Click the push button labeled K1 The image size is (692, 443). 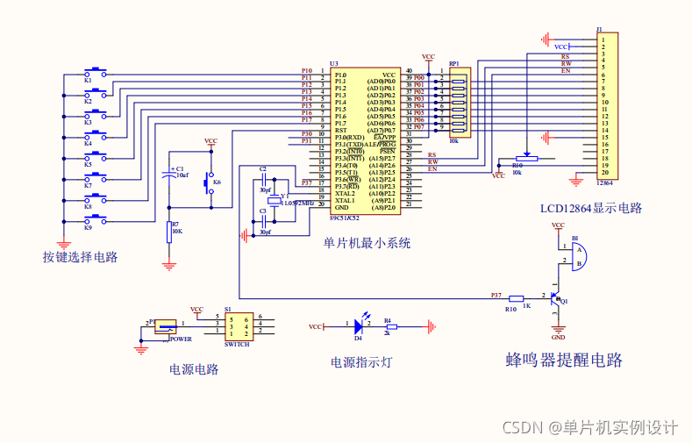point(96,71)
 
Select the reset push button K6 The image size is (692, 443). point(209,182)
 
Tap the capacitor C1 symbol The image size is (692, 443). point(169,175)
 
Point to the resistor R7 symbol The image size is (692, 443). point(169,231)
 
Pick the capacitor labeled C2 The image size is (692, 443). point(262,179)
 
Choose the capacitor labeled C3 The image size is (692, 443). point(262,222)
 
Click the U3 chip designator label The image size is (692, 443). point(334,63)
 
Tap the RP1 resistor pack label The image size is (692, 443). point(453,64)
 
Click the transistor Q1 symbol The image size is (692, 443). point(555,298)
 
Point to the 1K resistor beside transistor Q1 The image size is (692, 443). point(517,298)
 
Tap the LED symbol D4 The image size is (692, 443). point(359,326)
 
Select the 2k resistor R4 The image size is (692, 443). point(390,326)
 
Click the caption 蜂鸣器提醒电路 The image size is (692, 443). point(564,361)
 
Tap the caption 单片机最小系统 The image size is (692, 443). point(367,243)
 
